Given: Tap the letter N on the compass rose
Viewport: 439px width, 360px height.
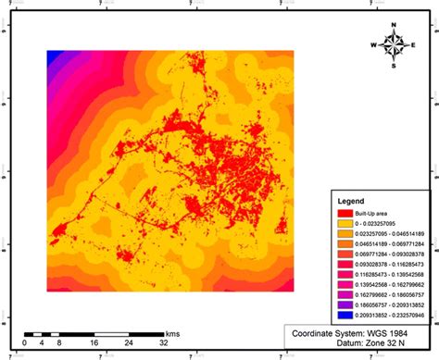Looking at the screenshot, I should (394, 24).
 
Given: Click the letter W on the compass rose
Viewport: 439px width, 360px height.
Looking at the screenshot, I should (374, 43).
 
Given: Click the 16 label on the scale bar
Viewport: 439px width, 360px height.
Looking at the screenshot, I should (94, 342).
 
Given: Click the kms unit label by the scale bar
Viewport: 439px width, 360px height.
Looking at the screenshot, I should (174, 331).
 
